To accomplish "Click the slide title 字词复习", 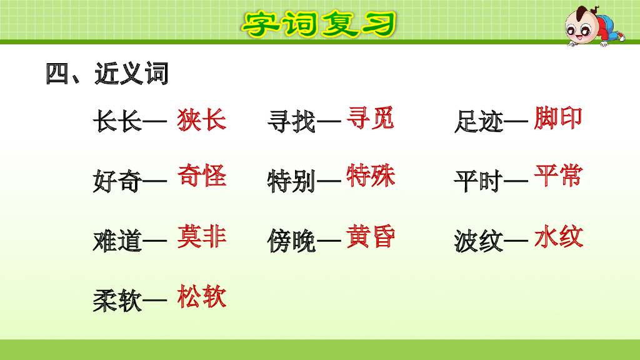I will coord(319,24).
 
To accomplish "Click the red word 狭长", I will coord(201,119).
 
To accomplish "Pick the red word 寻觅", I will coord(371,117).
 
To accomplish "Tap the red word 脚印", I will coord(558,117).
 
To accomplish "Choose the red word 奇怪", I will coord(201,176).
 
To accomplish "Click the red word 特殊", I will coord(371,176).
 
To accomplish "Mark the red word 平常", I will coord(558,176).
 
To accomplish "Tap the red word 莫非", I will coord(201,237).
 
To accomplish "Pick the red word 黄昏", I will coord(371,236).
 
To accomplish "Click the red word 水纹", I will coord(558,237).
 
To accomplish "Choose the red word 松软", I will coord(201,296).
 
